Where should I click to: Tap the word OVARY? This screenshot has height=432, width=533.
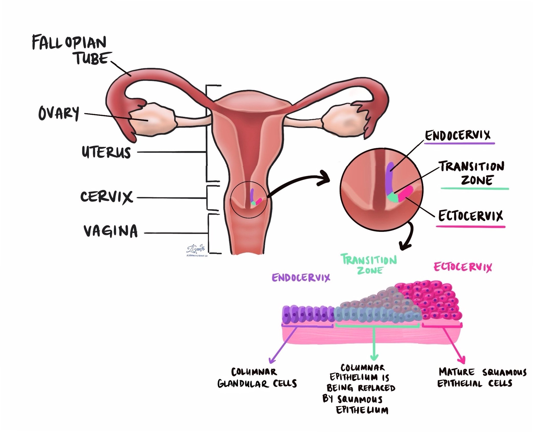pos(59,113)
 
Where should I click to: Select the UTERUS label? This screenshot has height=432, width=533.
pos(106,152)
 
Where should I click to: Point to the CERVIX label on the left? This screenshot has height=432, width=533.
pos(107,197)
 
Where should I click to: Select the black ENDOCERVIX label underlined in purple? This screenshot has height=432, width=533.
pos(458,135)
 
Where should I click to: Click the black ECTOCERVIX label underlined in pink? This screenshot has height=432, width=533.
pos(470,216)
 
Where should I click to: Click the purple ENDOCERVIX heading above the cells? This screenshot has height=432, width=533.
pos(301,278)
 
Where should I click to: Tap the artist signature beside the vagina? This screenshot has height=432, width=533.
pos(196,250)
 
